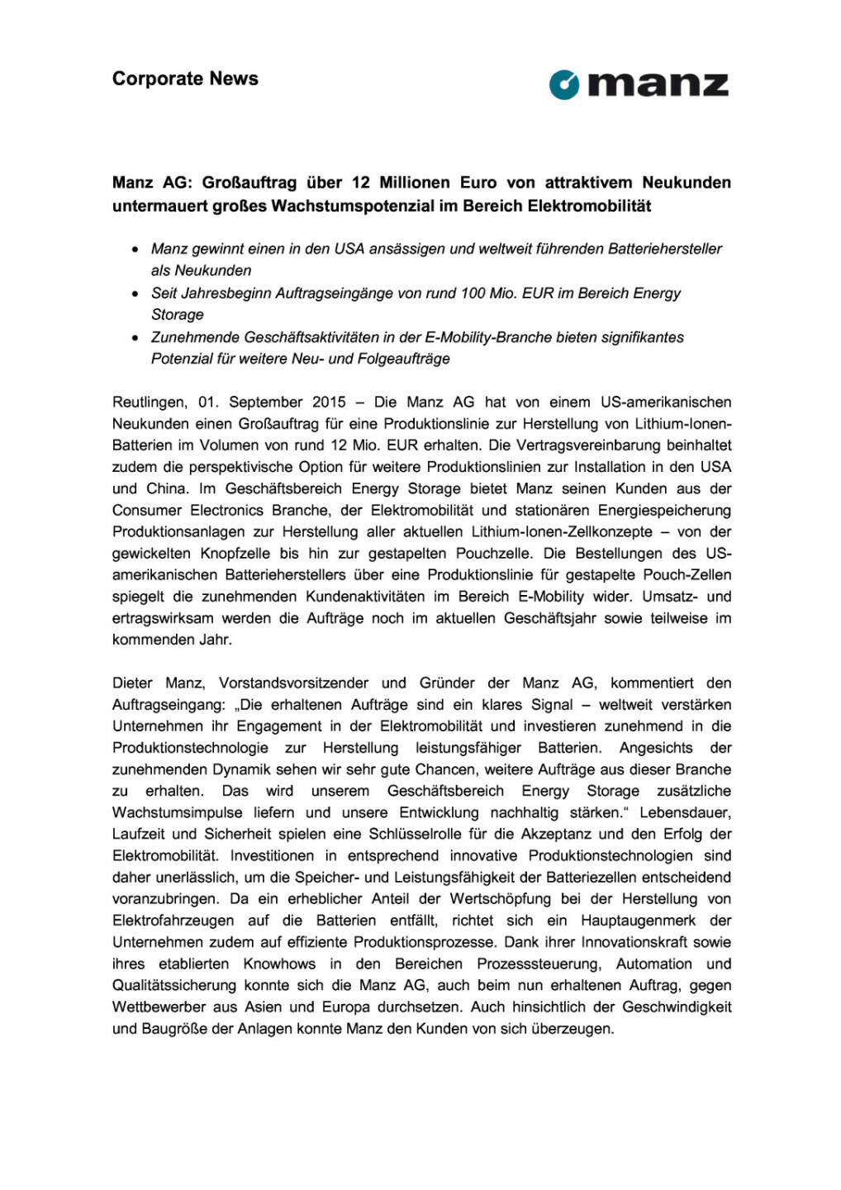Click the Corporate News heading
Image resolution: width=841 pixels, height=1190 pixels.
pyautogui.click(x=185, y=79)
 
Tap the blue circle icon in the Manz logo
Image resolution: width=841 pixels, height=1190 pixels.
pyautogui.click(x=565, y=84)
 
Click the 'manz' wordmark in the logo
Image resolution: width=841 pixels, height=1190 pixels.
pyautogui.click(x=659, y=85)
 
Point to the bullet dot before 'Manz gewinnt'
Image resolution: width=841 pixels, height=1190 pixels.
pyautogui.click(x=135, y=250)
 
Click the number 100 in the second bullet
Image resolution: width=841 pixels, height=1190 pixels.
pyautogui.click(x=473, y=293)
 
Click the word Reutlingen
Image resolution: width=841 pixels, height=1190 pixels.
pyautogui.click(x=150, y=402)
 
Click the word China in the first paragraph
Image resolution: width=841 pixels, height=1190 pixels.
pyautogui.click(x=169, y=488)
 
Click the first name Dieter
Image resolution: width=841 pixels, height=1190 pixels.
pyautogui.click(x=132, y=683)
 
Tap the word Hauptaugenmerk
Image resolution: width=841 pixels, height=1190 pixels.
pyautogui.click(x=639, y=920)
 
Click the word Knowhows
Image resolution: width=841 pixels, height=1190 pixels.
pyautogui.click(x=279, y=964)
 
